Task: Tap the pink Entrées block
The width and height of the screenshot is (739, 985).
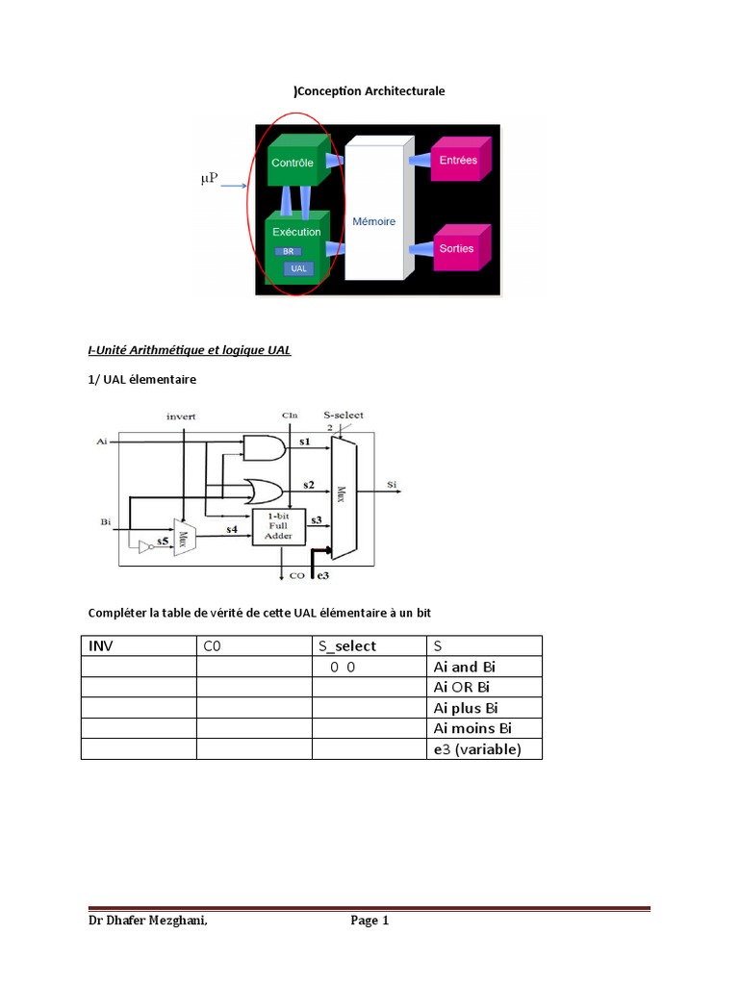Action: (x=461, y=159)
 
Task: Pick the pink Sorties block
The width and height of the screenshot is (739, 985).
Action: (x=462, y=247)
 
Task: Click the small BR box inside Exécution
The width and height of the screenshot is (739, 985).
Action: (x=288, y=251)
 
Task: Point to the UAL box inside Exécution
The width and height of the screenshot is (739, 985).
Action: (x=298, y=268)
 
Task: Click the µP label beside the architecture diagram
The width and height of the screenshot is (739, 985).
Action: (x=209, y=178)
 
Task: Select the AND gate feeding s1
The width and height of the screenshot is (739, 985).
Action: (x=264, y=448)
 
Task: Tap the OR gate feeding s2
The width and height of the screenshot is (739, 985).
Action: (x=264, y=492)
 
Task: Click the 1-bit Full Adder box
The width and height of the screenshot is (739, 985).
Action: (x=278, y=526)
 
